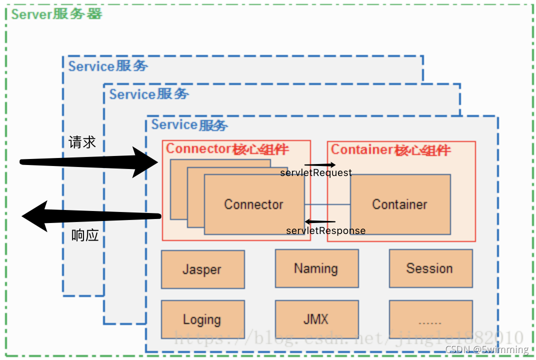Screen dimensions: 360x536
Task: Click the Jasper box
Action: point(202,269)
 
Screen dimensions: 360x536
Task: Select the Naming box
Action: point(316,268)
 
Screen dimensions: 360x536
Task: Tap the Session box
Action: point(430,268)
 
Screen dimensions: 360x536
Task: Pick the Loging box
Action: point(202,319)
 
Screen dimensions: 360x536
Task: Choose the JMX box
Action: point(316,319)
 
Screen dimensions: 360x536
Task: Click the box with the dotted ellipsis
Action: point(430,319)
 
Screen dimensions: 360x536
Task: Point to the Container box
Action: point(400,204)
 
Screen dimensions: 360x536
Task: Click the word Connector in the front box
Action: point(253,204)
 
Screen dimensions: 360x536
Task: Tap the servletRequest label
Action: point(316,173)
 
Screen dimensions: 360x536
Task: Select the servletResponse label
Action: point(325,231)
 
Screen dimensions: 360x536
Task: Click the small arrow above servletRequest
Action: point(320,164)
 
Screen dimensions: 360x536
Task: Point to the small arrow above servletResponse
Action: point(320,221)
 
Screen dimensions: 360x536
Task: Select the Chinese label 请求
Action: point(82,142)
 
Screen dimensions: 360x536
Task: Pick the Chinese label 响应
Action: point(85,235)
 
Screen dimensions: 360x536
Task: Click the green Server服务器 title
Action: point(56,14)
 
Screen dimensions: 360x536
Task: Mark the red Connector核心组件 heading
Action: point(227,149)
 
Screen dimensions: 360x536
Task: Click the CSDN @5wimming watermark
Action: point(486,349)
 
